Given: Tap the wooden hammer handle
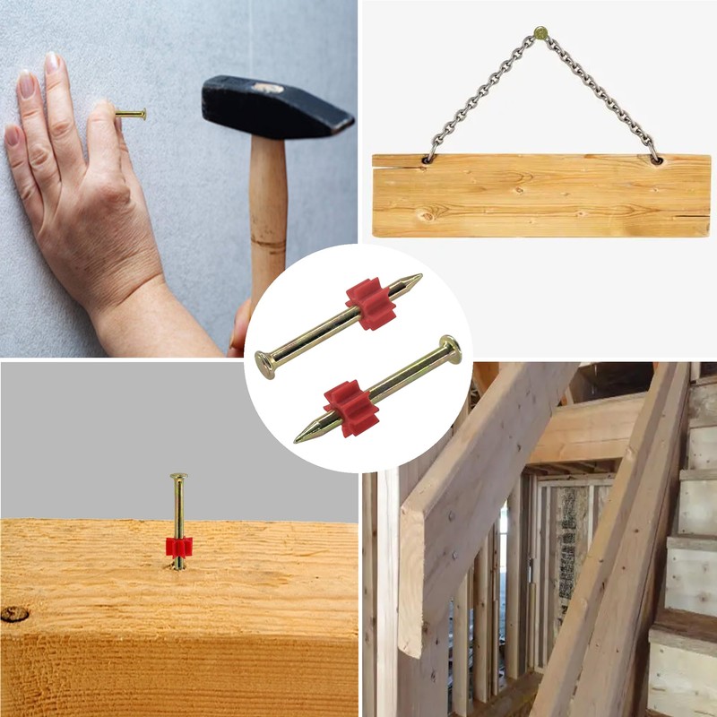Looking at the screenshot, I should (x=268, y=215).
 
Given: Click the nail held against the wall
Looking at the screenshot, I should (x=131, y=114).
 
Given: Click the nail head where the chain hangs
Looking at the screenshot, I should (x=540, y=32).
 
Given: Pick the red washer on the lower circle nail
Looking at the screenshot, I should (x=351, y=407).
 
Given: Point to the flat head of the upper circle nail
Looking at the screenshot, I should (x=264, y=364).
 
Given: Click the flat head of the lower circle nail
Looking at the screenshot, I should (x=450, y=348).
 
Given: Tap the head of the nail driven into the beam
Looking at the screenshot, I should (x=179, y=477).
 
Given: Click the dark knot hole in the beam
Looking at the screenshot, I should (x=13, y=614).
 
